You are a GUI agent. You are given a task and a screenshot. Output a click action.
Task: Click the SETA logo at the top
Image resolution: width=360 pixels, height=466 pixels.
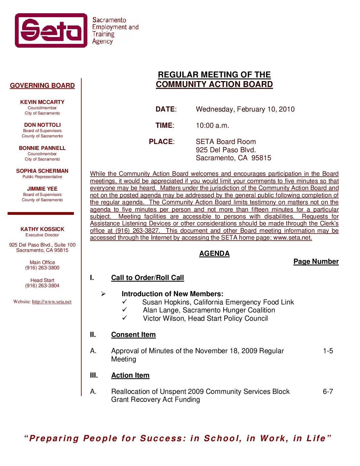pos(51,30)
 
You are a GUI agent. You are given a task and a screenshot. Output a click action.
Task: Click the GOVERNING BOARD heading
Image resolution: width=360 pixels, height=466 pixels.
pos(42,86)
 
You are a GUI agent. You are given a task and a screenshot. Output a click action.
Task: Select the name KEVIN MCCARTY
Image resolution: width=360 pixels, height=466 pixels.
pos(42,102)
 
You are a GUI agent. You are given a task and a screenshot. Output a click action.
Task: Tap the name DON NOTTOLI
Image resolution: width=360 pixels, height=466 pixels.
pos(42,125)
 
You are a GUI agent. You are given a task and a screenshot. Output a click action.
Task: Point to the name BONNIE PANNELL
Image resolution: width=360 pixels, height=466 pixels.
pos(42,148)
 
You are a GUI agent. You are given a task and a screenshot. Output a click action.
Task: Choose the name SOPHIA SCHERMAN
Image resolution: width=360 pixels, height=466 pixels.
pos(42,171)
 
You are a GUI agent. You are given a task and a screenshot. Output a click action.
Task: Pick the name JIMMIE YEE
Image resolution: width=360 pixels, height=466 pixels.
pos(42,189)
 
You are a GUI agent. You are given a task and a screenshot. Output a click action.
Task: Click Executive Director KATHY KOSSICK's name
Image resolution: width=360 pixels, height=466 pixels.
pos(42,229)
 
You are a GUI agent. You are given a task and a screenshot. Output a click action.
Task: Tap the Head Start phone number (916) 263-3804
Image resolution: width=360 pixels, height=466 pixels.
pos(42,286)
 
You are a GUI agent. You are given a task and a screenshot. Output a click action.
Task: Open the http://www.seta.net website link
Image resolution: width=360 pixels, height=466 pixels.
pos(52,302)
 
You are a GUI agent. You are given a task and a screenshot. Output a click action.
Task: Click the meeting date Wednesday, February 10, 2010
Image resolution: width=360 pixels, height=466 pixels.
pos(245,109)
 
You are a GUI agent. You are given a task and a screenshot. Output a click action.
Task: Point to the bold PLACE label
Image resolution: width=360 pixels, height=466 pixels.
pos(161,142)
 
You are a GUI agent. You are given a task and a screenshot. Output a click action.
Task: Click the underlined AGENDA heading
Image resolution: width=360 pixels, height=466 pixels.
pos(214,254)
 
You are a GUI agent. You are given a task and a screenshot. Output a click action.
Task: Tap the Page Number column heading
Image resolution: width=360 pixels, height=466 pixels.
pos(316,261)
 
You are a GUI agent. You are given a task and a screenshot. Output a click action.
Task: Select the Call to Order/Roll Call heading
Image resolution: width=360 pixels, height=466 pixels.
pos(148,278)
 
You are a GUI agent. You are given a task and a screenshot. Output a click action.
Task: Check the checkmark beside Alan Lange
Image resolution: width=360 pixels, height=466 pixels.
pos(125,310)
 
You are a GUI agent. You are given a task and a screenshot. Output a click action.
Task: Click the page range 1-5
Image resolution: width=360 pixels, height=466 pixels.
pos(328,351)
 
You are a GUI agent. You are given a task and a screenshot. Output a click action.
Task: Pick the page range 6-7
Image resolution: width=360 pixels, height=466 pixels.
pos(328,392)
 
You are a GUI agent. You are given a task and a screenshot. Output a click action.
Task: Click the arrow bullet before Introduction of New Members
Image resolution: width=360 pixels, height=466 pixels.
pos(103,294)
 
